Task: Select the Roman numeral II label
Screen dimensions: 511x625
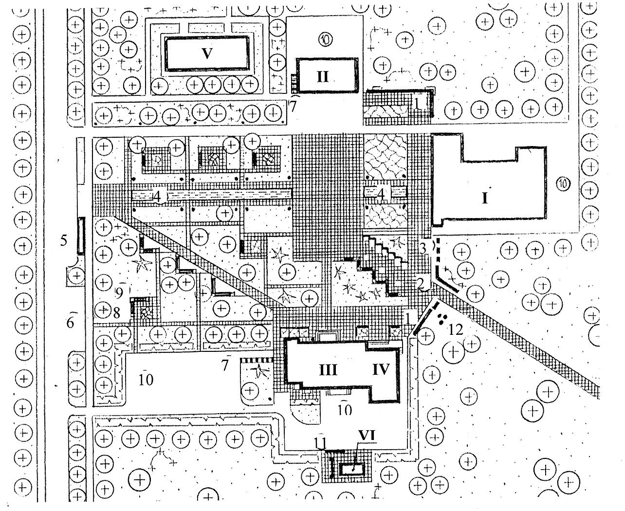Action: (323, 76)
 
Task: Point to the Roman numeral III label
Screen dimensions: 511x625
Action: (328, 370)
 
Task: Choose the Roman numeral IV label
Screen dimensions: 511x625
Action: (381, 370)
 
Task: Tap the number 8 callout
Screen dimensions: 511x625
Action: (116, 313)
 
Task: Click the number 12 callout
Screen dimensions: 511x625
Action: (456, 330)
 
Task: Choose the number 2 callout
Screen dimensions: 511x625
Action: (419, 282)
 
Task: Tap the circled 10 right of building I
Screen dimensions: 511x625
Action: (563, 184)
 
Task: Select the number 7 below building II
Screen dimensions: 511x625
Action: (293, 106)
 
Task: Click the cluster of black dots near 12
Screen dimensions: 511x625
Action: (442, 319)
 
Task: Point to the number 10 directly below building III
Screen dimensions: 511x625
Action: (345, 410)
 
